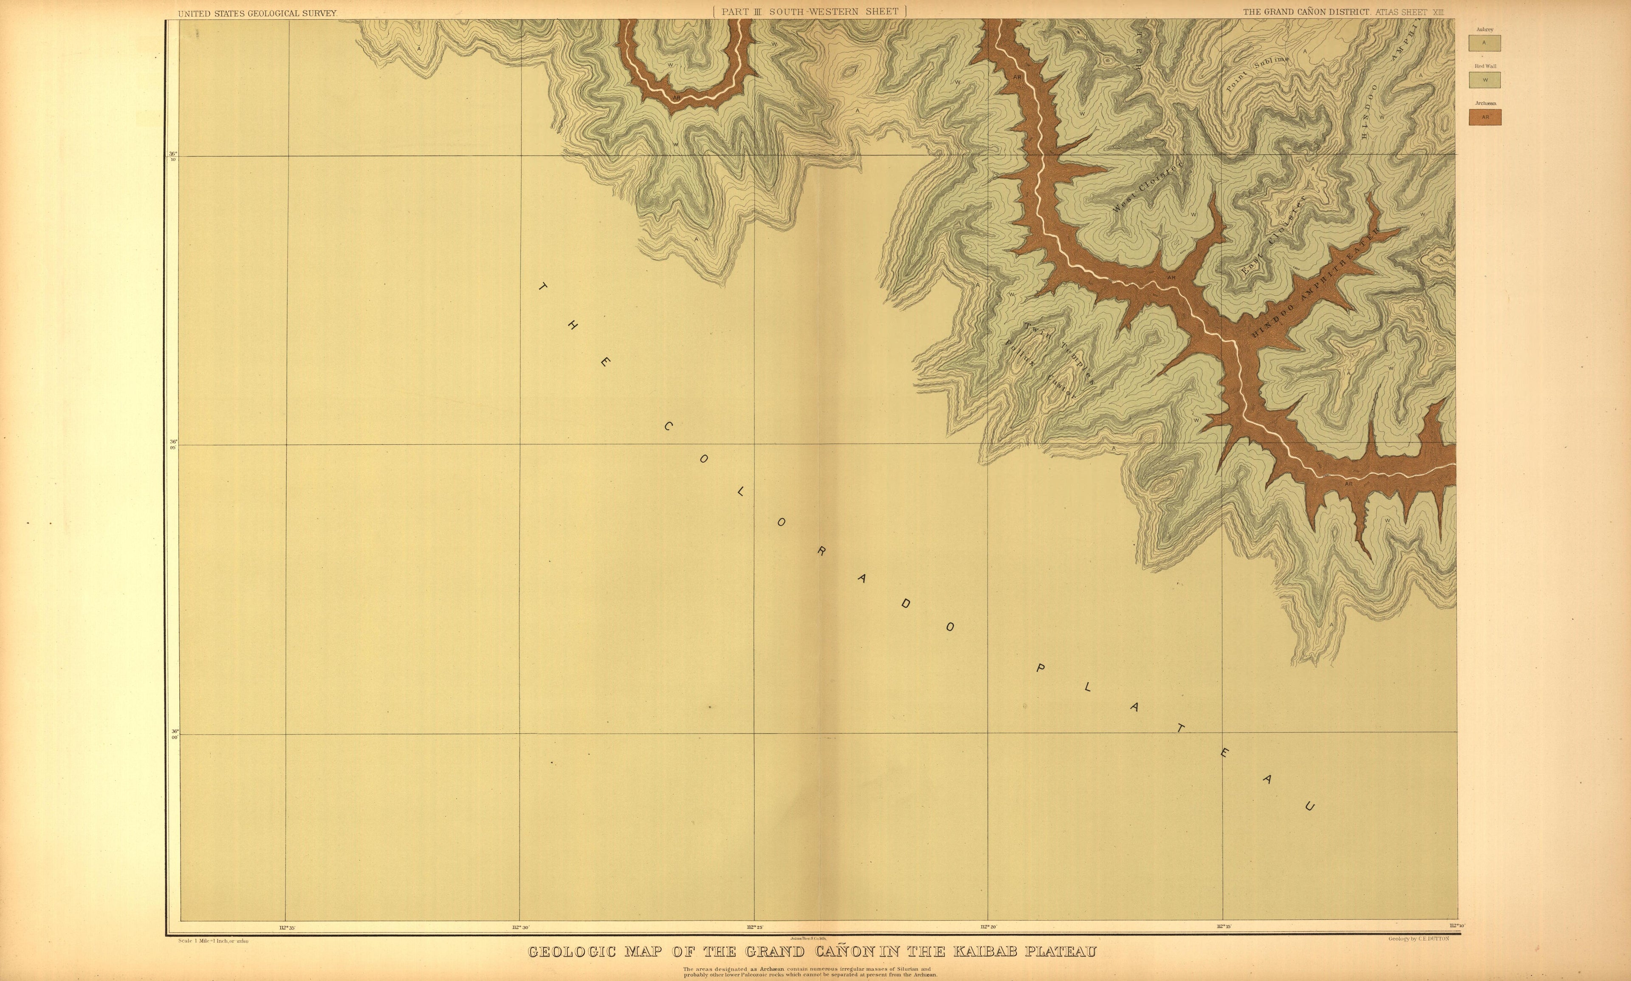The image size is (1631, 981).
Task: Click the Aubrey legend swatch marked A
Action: point(1484,43)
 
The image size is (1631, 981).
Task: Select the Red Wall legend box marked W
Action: point(1484,80)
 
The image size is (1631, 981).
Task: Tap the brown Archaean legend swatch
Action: point(1484,117)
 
